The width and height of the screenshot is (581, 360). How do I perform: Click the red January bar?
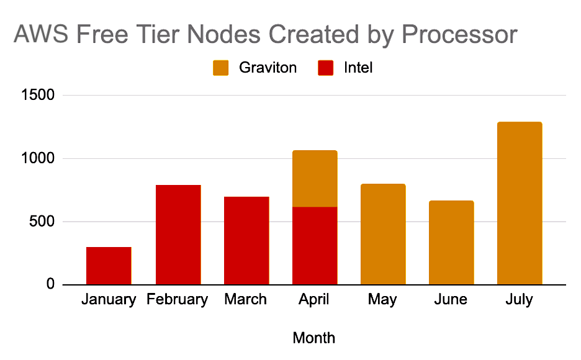(109, 266)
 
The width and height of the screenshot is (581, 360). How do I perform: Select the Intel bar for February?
(178, 235)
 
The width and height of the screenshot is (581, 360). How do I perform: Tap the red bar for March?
(246, 240)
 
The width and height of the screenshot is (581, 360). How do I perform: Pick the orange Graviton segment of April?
(315, 179)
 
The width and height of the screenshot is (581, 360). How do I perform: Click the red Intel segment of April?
(315, 246)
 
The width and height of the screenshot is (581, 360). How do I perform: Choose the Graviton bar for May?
(383, 234)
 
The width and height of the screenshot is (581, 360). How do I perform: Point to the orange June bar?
(451, 243)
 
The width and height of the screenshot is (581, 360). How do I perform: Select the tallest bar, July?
(520, 203)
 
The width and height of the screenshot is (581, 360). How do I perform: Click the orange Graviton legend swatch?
(221, 68)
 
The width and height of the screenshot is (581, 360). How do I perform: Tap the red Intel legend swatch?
(326, 68)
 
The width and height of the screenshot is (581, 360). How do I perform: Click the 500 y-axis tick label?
(43, 222)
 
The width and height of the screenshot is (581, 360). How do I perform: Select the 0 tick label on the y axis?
(51, 285)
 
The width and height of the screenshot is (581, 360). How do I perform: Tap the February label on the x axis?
(178, 300)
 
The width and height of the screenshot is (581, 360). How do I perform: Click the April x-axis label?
(314, 300)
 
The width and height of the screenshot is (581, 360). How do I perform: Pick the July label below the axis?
(520, 300)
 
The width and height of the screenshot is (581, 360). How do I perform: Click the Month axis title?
(314, 338)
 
